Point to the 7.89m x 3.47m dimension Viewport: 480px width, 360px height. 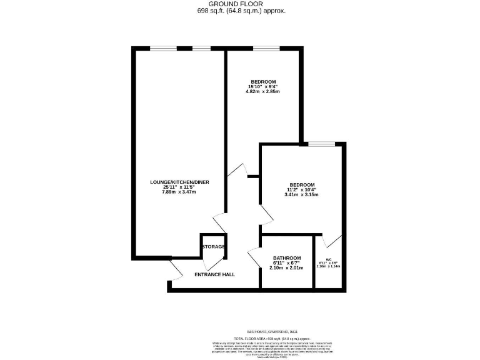pos(179,192)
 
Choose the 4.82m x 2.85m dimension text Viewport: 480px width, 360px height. pos(263,92)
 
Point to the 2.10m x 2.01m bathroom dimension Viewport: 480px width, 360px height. pos(287,268)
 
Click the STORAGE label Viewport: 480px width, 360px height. pos(213,247)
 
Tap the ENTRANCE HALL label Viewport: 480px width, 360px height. pos(214,275)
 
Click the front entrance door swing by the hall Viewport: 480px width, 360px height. pos(176,270)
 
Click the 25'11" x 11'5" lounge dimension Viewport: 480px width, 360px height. pos(179,187)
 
